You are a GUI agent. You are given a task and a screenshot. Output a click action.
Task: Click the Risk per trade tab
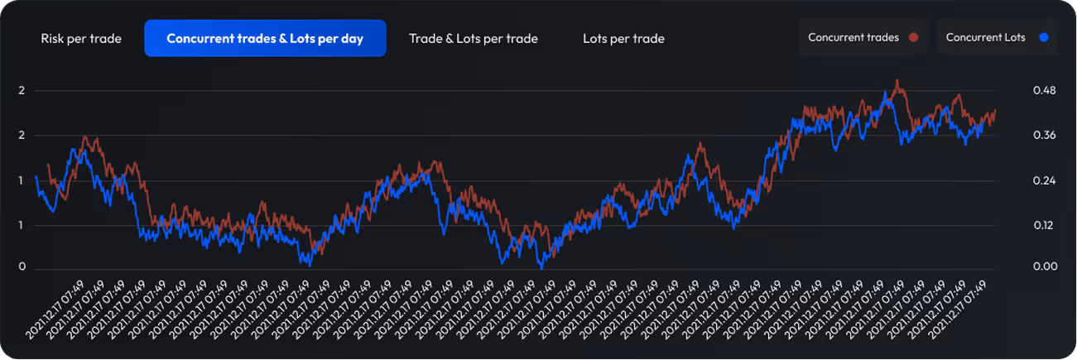coord(81,39)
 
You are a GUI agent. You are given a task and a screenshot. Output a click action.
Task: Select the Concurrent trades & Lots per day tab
coord(265,39)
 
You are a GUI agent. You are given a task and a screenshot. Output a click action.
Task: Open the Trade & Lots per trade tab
coord(474,39)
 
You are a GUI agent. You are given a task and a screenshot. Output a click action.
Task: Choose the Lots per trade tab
coord(623,39)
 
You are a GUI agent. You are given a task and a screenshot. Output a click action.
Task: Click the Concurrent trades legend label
coord(853,37)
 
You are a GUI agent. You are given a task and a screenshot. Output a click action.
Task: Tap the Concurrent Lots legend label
coord(985,37)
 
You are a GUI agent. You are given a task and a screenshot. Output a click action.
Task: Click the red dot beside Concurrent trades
coord(914,37)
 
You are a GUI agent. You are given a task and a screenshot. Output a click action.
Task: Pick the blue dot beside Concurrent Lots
coord(1044,37)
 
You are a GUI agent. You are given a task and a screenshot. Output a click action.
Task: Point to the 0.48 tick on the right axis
coord(1046,90)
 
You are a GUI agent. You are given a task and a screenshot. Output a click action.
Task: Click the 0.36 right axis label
coord(1046,135)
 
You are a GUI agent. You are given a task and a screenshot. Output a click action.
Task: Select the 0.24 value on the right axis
coord(1046,180)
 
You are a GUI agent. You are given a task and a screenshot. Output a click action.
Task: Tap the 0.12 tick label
coord(1046,225)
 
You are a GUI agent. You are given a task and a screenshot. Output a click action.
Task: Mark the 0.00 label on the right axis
coord(1046,266)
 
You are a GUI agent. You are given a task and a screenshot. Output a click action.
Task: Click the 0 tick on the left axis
coord(22,266)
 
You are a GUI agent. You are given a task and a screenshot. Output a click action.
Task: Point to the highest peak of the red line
coord(897,80)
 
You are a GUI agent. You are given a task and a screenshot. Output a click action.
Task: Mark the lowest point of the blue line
coord(541,268)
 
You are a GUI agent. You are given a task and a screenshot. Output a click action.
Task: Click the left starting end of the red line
coord(48,165)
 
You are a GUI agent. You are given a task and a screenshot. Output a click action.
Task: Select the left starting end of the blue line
coord(36,176)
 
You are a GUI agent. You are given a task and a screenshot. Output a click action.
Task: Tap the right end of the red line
coord(995,110)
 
